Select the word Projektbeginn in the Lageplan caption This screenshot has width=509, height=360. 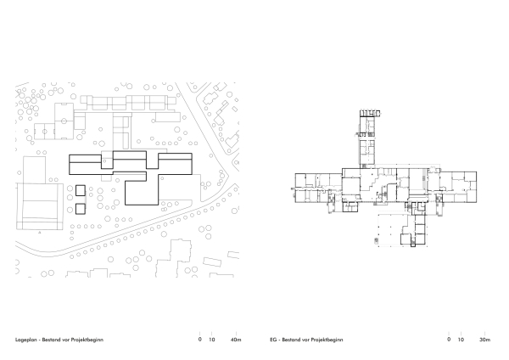pyautogui.click(x=89, y=340)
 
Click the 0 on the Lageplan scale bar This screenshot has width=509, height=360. pyautogui.click(x=200, y=340)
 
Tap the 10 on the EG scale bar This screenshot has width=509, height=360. pyautogui.click(x=461, y=340)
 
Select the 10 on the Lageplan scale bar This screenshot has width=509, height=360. pyautogui.click(x=212, y=340)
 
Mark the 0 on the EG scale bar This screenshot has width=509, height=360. pyautogui.click(x=449, y=340)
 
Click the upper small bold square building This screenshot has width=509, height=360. pyautogui.click(x=80, y=191)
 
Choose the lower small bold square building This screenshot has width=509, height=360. pyautogui.click(x=80, y=207)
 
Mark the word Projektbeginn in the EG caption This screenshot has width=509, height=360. pyautogui.click(x=326, y=340)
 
